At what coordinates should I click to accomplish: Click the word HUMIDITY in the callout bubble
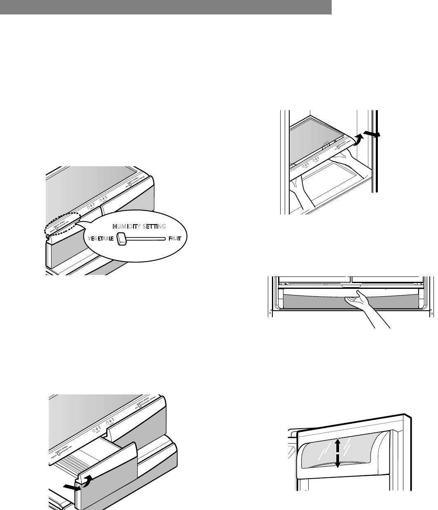(127, 227)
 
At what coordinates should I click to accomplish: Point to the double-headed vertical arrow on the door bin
(337, 453)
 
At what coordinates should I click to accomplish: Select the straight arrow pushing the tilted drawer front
(70, 487)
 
